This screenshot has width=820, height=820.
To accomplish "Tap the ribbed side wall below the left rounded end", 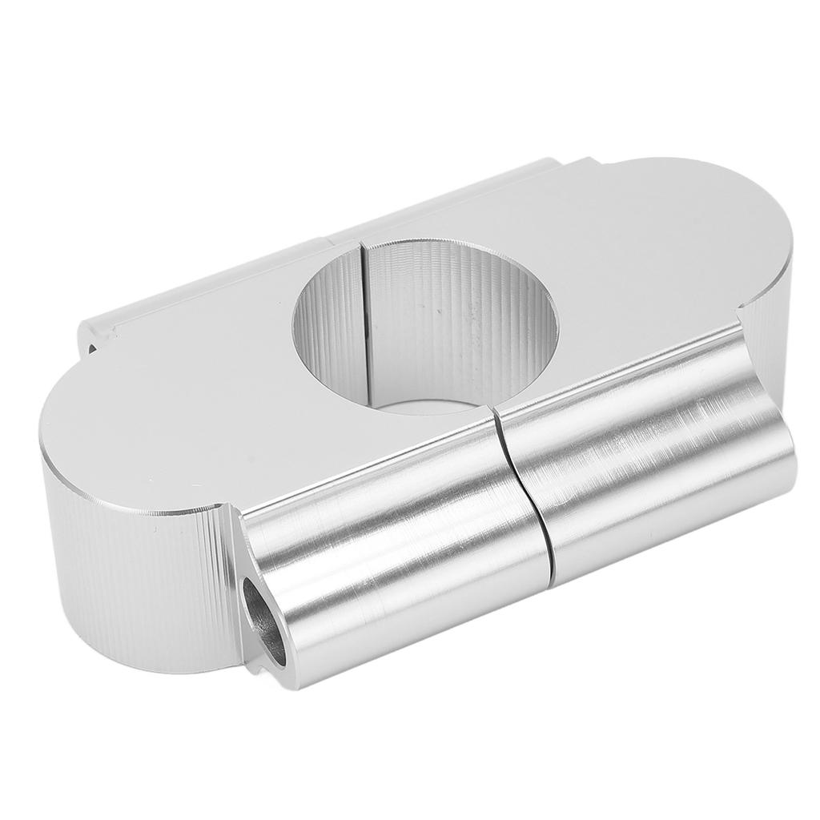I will [x=136, y=577].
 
